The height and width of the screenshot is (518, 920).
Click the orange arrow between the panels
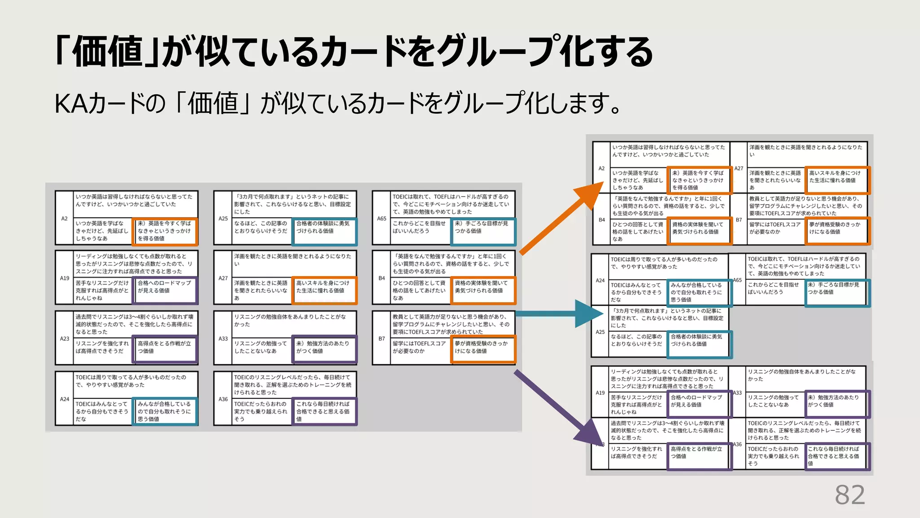click(x=559, y=220)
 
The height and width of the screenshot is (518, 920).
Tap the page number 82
click(x=849, y=495)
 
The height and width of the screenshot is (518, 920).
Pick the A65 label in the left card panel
click(x=381, y=219)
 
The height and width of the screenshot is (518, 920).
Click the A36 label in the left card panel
click(x=223, y=399)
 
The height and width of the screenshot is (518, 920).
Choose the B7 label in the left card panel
click(x=381, y=339)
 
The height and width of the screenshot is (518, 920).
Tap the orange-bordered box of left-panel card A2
click(x=165, y=231)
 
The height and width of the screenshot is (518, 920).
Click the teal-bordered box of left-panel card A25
click(x=324, y=231)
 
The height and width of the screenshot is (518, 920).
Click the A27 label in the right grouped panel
click(x=739, y=168)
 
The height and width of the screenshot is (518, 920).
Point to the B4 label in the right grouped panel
click(x=602, y=220)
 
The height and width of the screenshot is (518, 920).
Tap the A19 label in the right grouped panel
click(x=600, y=393)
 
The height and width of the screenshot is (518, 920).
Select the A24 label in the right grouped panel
click(x=600, y=280)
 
